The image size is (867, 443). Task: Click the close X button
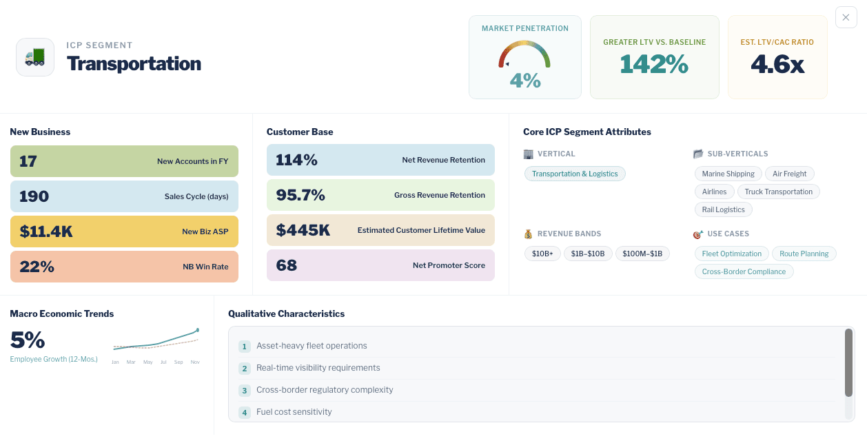pos(846,17)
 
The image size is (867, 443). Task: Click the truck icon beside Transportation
pos(35,57)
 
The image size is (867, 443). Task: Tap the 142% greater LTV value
pos(654,64)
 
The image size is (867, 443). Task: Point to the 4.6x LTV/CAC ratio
pos(777,64)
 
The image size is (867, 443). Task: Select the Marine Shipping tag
pos(728,174)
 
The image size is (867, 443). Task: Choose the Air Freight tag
pos(789,174)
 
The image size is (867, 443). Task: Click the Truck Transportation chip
pos(778,192)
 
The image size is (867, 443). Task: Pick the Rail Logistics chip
pos(723,209)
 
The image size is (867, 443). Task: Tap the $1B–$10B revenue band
pos(588,254)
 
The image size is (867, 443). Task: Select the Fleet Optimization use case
pos(731,254)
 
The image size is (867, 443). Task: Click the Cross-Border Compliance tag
pos(744,271)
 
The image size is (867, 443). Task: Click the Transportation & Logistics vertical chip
pos(574,174)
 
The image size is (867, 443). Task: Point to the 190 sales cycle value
pos(34,196)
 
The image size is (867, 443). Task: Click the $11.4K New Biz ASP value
pos(46,231)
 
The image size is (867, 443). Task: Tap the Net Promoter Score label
pos(449,265)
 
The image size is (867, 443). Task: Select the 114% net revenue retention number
pos(296,160)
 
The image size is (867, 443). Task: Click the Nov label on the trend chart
pos(195,362)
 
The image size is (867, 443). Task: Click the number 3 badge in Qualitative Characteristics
pos(244,391)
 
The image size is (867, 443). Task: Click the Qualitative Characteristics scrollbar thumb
pos(848,362)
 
